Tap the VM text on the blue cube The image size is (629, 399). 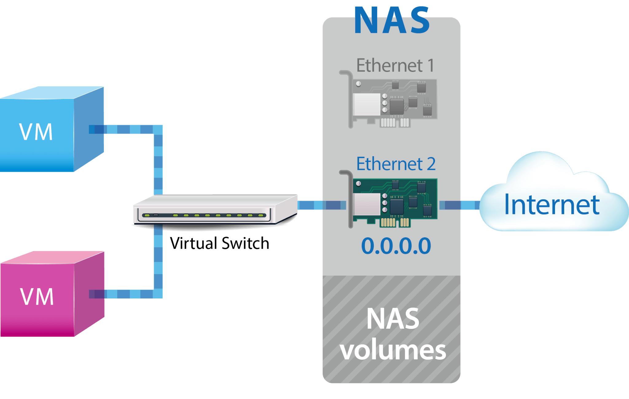tap(36, 132)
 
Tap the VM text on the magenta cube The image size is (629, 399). tap(37, 297)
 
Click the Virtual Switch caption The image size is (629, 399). tap(219, 244)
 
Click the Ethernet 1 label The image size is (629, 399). tap(395, 65)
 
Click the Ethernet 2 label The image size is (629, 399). tap(396, 164)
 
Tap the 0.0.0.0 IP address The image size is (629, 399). tap(396, 246)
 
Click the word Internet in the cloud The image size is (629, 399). tap(552, 205)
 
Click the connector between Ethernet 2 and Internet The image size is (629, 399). tap(459, 205)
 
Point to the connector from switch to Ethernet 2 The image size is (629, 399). tap(321, 205)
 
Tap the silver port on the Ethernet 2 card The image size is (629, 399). tap(367, 204)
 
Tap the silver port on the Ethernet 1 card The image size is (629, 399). tap(367, 104)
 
